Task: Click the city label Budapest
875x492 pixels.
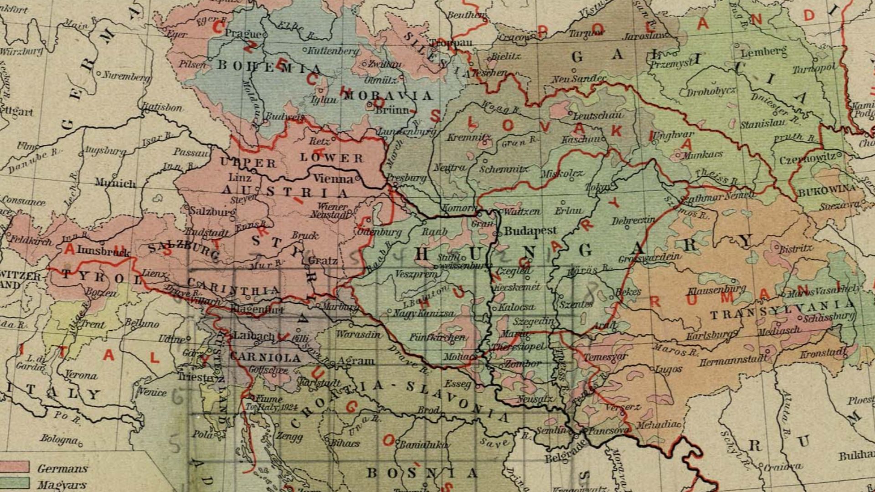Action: [530, 231]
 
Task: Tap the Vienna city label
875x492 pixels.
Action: [333, 179]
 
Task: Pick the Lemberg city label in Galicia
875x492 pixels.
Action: [763, 52]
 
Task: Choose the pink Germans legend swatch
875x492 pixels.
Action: [15, 467]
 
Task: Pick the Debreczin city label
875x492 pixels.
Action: [633, 220]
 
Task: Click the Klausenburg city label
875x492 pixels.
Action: [716, 290]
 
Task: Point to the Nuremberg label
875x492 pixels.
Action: [126, 76]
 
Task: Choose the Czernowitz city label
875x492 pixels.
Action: [808, 159]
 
